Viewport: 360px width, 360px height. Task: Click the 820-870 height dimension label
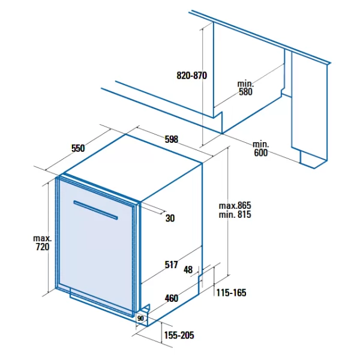(192, 76)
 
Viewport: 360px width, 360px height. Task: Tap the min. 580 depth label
(245, 88)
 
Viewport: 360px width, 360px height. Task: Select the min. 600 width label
(260, 149)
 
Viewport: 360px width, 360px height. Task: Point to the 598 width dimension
(172, 139)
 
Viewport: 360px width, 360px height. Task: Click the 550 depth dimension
(78, 148)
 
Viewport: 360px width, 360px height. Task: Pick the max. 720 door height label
(43, 242)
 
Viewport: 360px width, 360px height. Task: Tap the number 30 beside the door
(170, 218)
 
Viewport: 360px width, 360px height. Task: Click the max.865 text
(235, 205)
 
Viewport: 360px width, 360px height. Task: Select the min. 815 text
(235, 214)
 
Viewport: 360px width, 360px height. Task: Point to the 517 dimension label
(171, 265)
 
